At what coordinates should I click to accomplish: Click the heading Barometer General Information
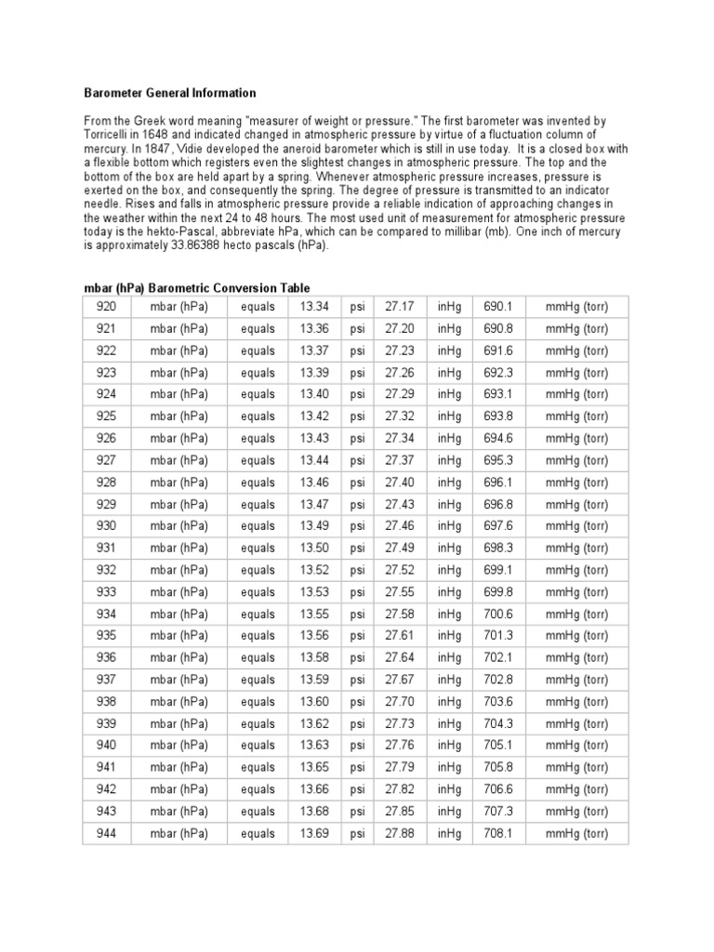[x=170, y=93]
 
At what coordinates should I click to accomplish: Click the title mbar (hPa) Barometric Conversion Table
[x=197, y=288]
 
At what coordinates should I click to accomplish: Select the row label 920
[x=105, y=306]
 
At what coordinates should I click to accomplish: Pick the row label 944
[x=105, y=833]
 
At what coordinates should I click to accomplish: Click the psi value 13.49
[x=313, y=526]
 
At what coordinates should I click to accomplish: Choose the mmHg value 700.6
[x=498, y=614]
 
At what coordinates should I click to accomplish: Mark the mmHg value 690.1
[x=498, y=306]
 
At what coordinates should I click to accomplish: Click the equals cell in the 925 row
[x=258, y=416]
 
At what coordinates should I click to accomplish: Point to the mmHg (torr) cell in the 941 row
[x=576, y=768]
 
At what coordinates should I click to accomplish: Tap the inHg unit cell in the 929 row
[x=449, y=504]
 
